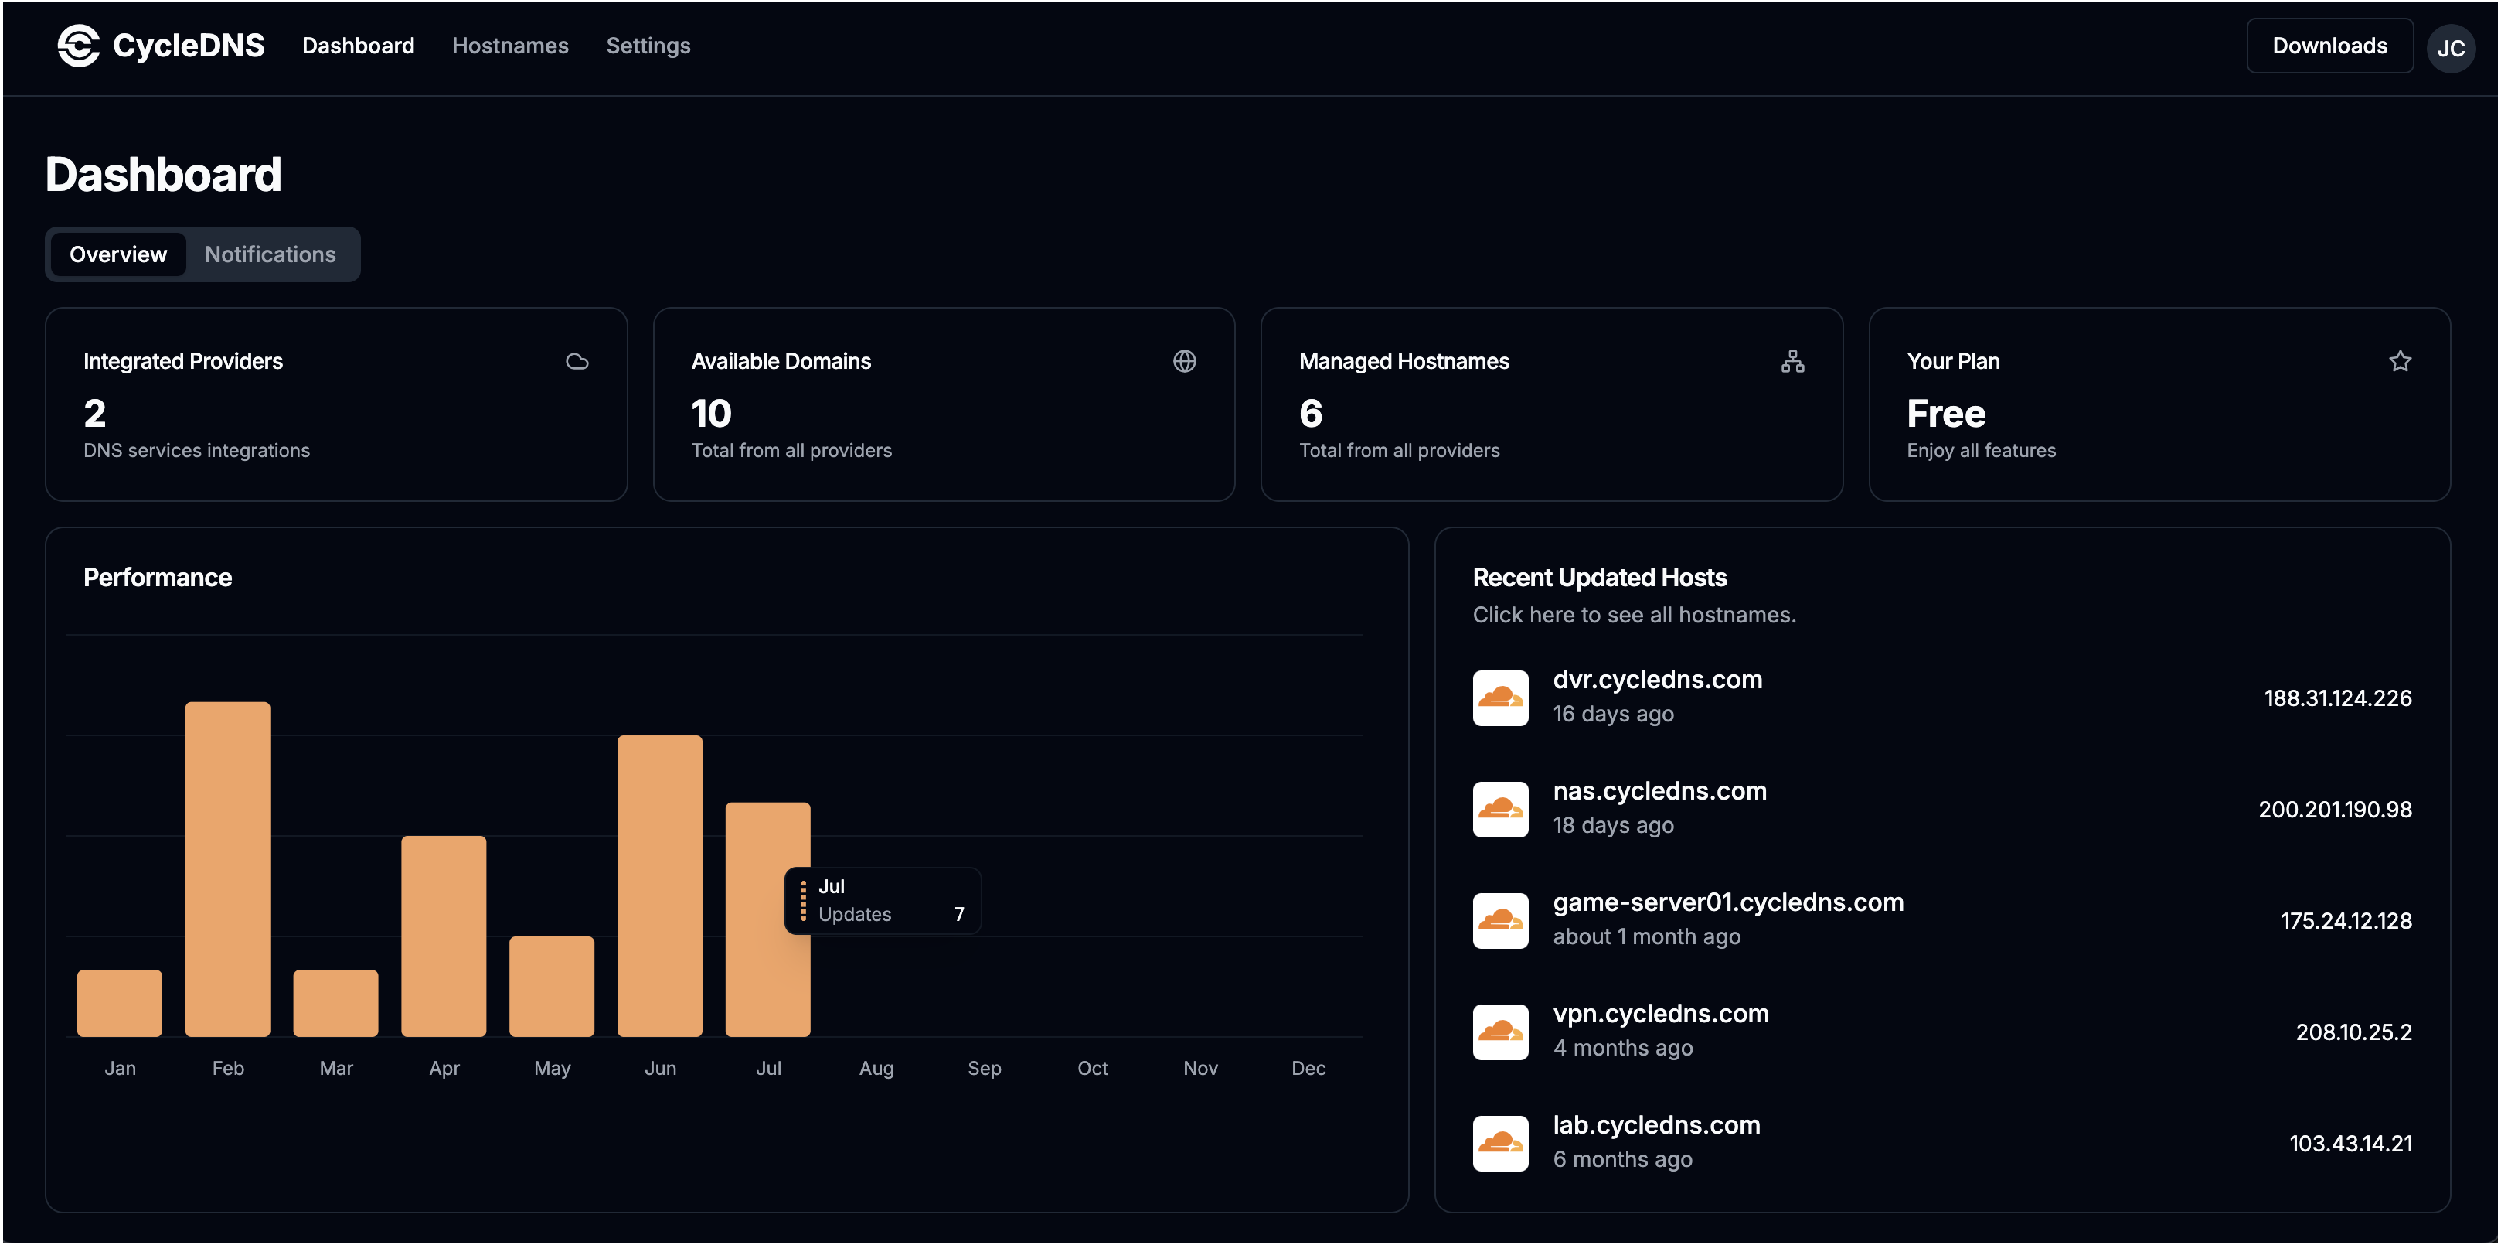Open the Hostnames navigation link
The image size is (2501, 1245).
tap(510, 46)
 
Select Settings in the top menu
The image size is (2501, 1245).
tap(648, 46)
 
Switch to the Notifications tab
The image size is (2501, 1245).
tap(270, 254)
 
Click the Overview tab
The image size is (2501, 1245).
tap(117, 254)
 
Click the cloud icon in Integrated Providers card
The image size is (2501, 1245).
tap(577, 361)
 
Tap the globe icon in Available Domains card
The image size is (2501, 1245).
tap(1183, 361)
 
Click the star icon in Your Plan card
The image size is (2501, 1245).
tap(2399, 361)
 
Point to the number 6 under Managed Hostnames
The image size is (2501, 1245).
tap(1310, 414)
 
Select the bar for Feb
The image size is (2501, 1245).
tap(227, 869)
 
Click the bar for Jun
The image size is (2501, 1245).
tap(659, 885)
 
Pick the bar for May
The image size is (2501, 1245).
tap(552, 986)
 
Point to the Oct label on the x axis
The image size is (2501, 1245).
tap(1092, 1068)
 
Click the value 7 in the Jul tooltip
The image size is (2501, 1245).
tap(958, 915)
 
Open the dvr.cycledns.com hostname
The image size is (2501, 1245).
tap(1656, 680)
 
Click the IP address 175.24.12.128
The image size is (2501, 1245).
tap(2346, 921)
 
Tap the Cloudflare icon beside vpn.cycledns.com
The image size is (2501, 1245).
tap(1500, 1032)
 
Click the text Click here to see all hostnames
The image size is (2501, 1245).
tap(1633, 615)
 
